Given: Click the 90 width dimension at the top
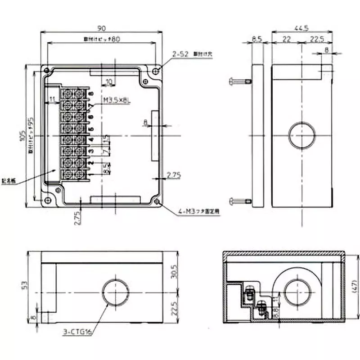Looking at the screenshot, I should [x=102, y=27].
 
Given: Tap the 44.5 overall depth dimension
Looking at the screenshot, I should [x=302, y=28].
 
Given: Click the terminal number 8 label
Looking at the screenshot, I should [x=91, y=94].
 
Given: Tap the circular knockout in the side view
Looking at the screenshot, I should [x=301, y=135].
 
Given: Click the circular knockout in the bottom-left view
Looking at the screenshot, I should [x=116, y=293].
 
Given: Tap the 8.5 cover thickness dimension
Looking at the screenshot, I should [x=257, y=40].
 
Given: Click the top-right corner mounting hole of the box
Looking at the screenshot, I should [x=156, y=71].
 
